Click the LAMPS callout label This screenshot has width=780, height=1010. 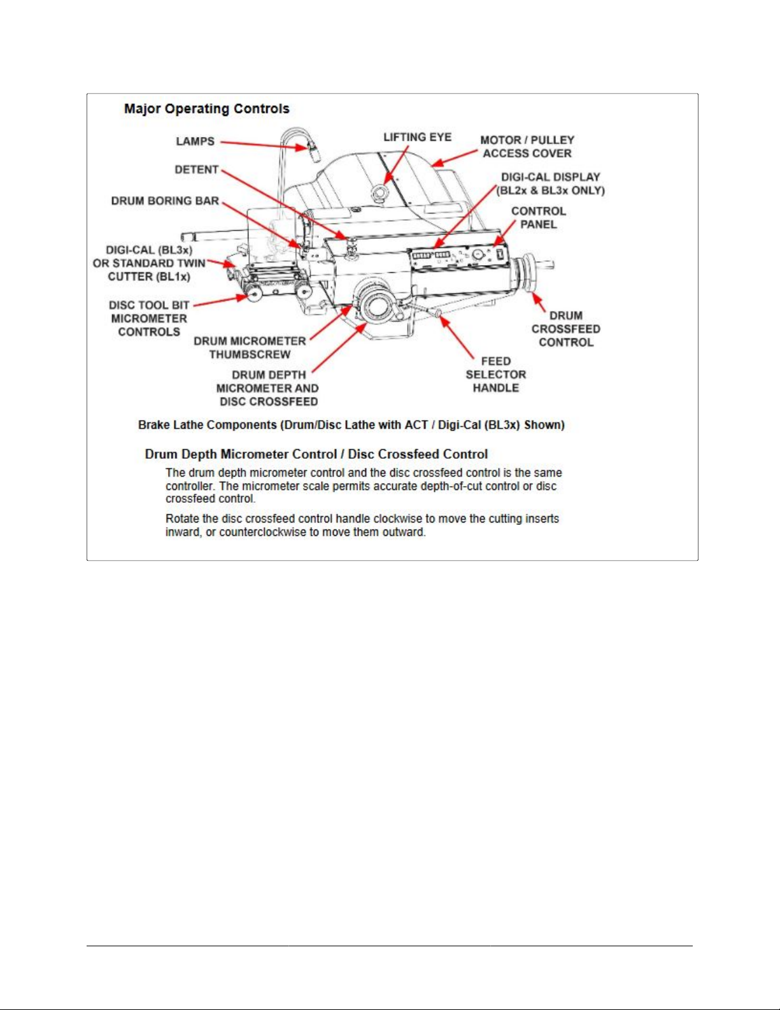tap(195, 141)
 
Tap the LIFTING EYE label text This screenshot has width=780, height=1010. tap(417, 137)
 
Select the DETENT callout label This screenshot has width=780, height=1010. tap(197, 170)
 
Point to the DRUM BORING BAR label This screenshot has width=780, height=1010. tap(165, 201)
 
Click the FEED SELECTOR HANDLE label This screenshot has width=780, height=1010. tap(495, 375)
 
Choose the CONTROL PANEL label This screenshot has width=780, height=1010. tap(538, 218)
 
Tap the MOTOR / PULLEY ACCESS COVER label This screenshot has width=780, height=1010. tap(527, 147)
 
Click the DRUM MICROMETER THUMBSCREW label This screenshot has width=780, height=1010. tap(250, 348)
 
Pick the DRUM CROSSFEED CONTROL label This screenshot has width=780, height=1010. tap(565, 329)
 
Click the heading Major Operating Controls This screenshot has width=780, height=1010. tap(207, 109)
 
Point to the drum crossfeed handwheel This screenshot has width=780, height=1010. tap(528, 273)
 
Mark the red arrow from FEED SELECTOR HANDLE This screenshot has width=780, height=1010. tap(457, 338)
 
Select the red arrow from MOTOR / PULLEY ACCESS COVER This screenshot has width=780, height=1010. tap(455, 158)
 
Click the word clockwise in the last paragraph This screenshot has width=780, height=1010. tap(397, 519)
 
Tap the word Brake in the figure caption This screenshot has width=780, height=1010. tap(154, 425)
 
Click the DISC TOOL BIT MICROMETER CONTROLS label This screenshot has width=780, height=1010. tap(149, 319)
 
